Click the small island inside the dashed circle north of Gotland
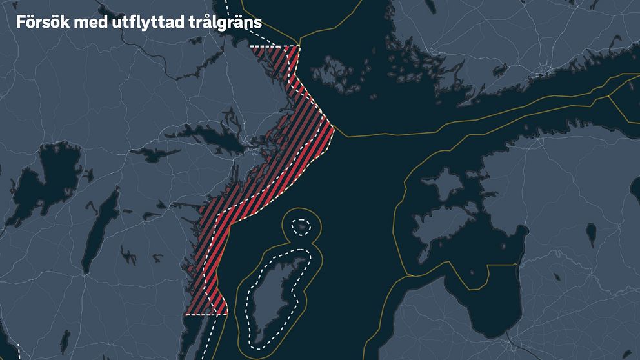coord(300,226)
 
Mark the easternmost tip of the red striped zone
coord(334,128)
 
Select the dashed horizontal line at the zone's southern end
coord(206,315)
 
